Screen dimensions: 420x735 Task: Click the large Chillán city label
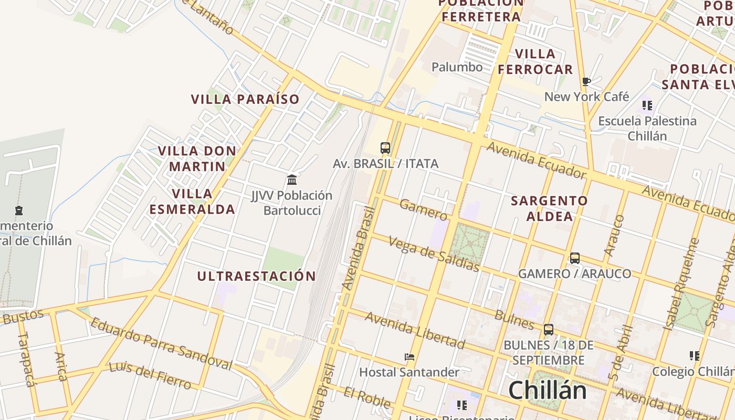(x=547, y=391)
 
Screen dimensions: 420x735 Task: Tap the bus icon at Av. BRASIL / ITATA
(x=385, y=148)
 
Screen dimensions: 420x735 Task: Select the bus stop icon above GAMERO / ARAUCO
(x=575, y=258)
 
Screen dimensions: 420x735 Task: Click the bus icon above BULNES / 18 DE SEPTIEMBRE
(x=549, y=330)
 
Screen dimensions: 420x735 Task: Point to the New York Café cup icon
(x=586, y=81)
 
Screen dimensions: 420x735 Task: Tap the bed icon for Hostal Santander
(x=409, y=357)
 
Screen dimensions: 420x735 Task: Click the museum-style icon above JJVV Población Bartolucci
(x=292, y=180)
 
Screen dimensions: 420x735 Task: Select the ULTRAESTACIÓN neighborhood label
(x=257, y=276)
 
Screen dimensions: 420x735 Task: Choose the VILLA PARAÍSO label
(x=245, y=99)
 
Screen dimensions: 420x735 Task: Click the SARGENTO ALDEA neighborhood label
(x=549, y=208)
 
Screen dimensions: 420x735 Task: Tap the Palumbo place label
(x=457, y=67)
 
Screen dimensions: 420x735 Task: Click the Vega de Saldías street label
(x=434, y=254)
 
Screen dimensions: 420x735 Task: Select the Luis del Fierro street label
(x=150, y=375)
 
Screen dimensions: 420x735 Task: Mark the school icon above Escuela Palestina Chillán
(x=647, y=106)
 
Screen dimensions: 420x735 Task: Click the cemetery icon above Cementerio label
(x=19, y=211)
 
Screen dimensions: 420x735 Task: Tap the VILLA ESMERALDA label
(x=192, y=202)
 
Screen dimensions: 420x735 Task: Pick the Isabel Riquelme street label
(x=682, y=284)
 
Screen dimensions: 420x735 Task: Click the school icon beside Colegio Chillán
(x=695, y=356)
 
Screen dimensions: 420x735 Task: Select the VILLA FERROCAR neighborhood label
(x=535, y=61)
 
